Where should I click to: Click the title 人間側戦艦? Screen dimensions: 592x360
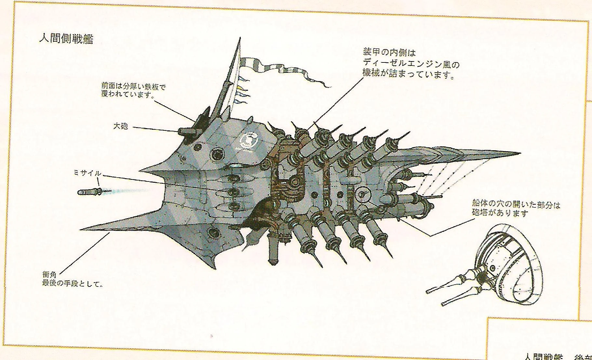[x=66, y=39]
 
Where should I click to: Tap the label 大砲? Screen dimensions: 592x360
[x=120, y=126]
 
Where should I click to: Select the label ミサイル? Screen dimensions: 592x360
[x=87, y=174]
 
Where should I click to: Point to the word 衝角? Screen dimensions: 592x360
[x=48, y=275]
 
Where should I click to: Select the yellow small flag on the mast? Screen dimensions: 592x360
[x=240, y=87]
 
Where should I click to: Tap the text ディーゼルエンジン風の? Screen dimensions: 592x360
[x=411, y=64]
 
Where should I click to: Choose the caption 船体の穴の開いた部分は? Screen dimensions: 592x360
[x=516, y=205]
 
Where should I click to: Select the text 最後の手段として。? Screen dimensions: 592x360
[x=72, y=284]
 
